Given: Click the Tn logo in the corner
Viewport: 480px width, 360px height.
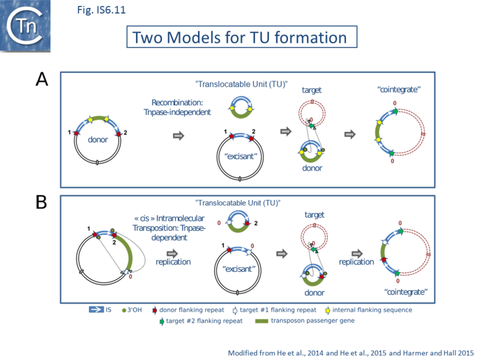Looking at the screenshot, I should click(x=25, y=25).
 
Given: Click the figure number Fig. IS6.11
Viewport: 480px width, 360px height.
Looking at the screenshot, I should click(x=101, y=9).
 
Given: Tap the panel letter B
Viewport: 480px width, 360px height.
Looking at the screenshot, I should click(x=42, y=202).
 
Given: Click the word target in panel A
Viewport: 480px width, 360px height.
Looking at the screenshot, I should click(x=311, y=90).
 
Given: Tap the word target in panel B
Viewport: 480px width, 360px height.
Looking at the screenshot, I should click(x=314, y=215).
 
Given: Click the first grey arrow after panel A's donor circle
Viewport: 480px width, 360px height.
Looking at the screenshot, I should click(x=178, y=135).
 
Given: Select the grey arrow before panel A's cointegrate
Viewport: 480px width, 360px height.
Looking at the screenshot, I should click(x=350, y=134).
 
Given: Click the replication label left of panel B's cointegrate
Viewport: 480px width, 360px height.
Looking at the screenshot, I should click(x=356, y=262).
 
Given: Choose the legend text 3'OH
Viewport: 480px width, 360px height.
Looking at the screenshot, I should click(x=136, y=310).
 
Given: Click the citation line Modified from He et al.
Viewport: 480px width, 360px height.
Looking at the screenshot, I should click(x=344, y=352).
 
